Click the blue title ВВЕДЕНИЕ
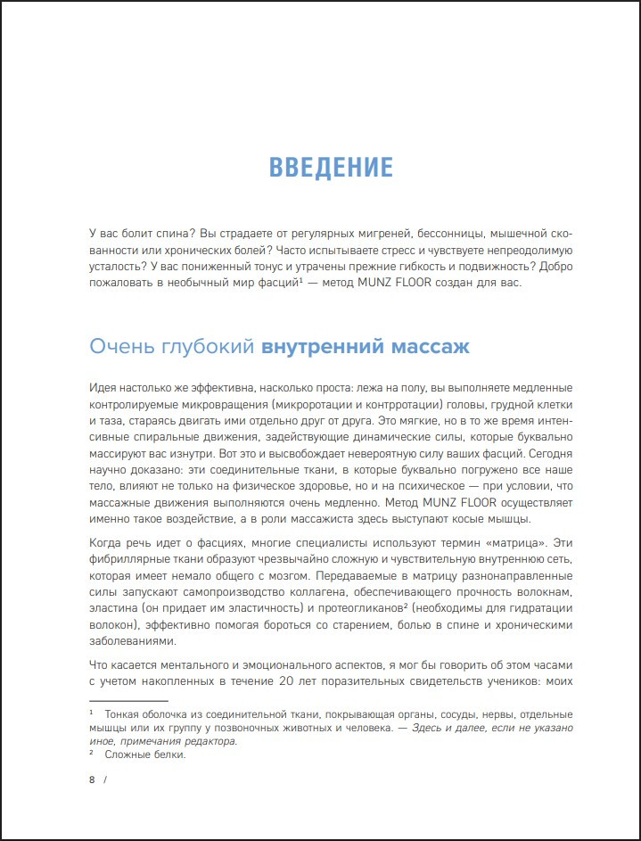click(331, 168)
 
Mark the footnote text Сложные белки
click(144, 754)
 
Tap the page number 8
click(92, 780)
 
